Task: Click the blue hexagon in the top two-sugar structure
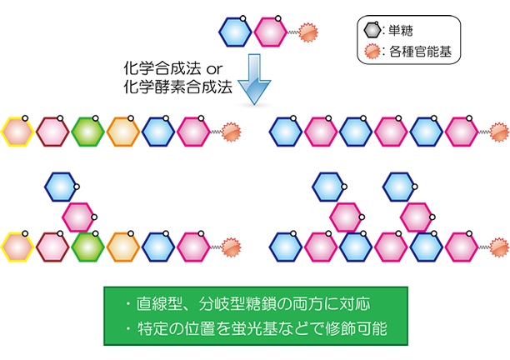point(234,32)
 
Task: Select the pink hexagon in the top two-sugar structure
point(271,32)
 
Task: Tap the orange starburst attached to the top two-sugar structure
point(308,32)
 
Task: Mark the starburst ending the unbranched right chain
point(498,131)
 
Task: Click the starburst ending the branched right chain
point(498,247)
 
